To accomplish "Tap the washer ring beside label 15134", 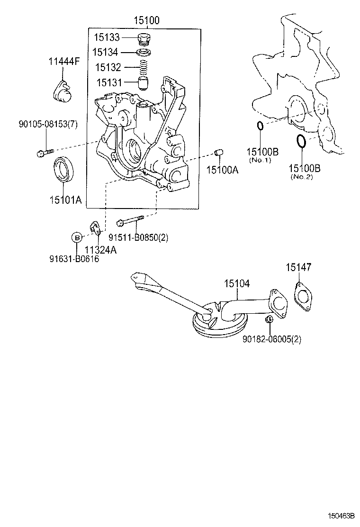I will (x=143, y=52).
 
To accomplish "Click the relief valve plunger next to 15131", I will (x=143, y=83).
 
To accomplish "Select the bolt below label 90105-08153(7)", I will (x=43, y=153).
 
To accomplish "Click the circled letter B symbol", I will (x=77, y=237).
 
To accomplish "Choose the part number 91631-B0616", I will (x=74, y=259).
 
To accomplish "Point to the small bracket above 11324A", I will (x=96, y=228).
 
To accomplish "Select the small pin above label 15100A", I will (x=219, y=152).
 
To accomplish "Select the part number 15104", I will (x=237, y=284).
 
